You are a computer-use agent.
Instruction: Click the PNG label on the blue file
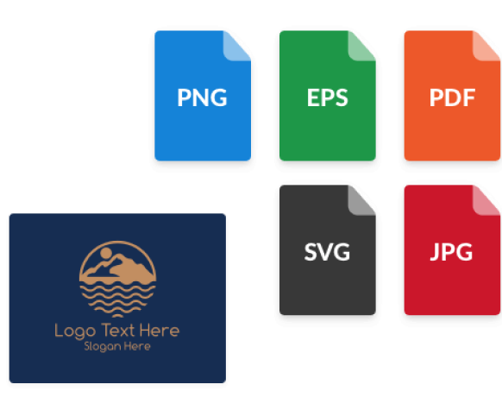point(202,98)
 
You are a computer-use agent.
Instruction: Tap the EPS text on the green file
point(327,98)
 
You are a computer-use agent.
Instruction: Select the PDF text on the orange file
point(452,98)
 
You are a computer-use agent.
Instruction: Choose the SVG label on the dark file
point(327,252)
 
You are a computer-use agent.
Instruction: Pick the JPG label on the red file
point(451,252)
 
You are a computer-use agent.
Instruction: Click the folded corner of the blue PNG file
point(236,46)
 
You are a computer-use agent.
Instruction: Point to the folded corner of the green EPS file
point(361,46)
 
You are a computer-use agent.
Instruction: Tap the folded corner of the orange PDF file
point(486,46)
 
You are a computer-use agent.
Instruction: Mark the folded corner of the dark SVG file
point(361,200)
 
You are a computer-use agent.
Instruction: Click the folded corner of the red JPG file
point(486,200)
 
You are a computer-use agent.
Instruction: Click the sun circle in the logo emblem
point(106,253)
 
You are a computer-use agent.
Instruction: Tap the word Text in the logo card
point(117,331)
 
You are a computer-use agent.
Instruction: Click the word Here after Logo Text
point(160,331)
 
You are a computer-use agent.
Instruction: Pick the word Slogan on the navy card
point(103,346)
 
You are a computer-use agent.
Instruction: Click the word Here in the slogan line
point(137,346)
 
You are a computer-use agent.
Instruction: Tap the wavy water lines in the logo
point(117,299)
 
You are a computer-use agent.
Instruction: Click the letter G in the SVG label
point(342,252)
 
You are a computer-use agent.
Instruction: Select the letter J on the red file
point(434,252)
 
